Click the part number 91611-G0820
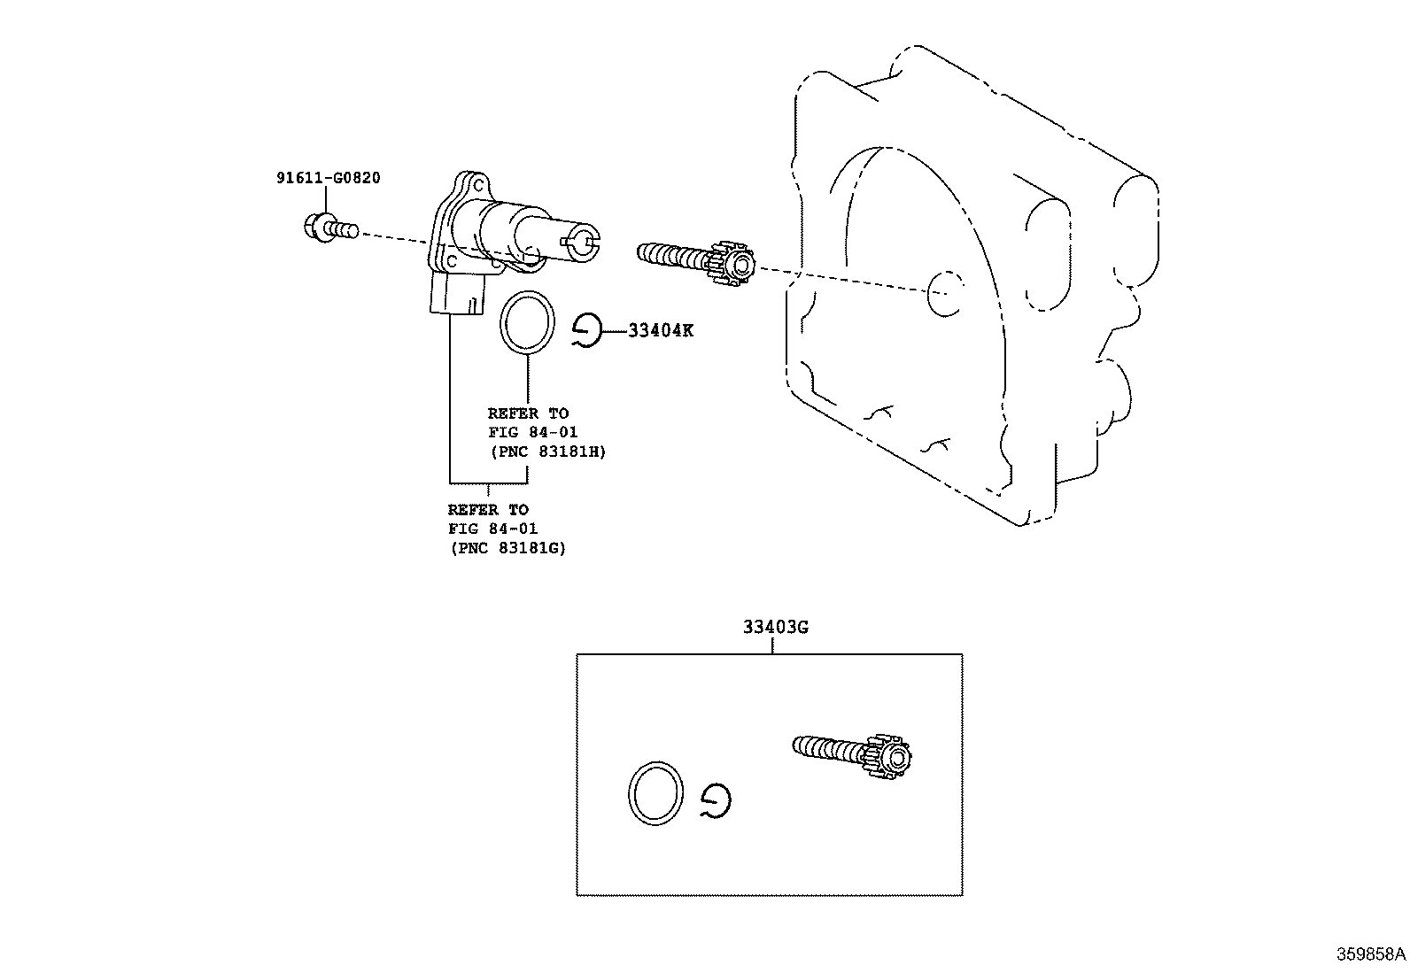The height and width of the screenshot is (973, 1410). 328,178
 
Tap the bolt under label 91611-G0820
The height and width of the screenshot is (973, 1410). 328,228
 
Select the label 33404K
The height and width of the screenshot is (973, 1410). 661,331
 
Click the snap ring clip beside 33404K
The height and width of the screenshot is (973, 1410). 586,331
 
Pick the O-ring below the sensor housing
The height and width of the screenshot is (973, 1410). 528,322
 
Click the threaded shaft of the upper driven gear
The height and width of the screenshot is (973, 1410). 671,255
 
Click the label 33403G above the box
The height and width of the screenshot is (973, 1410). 776,628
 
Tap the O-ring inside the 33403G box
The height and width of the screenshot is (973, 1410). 656,792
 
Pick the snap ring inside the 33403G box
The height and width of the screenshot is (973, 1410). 716,802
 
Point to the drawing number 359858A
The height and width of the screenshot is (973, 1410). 1371,955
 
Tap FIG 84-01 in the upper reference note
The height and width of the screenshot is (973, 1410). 533,432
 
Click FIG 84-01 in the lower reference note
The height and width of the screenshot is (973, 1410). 492,529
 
